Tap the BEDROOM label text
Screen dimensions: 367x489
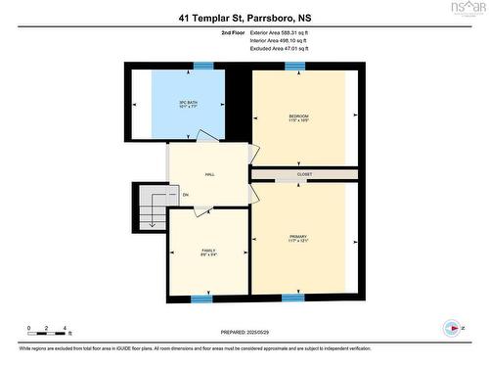point(297,117)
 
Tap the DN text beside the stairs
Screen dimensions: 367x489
point(185,195)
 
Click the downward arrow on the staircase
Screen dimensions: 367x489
point(152,221)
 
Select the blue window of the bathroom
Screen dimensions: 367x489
point(203,66)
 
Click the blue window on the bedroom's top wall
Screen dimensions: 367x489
point(294,66)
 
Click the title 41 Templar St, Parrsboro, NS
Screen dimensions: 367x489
point(244,18)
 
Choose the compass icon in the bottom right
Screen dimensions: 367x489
point(452,328)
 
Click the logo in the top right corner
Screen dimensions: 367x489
point(465,10)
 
